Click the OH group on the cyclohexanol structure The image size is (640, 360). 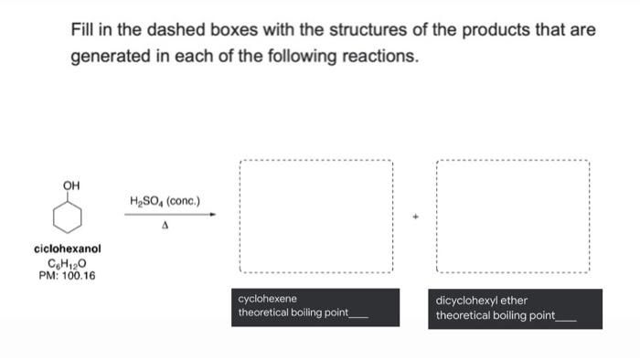click(x=70, y=185)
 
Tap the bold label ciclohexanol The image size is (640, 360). click(x=67, y=248)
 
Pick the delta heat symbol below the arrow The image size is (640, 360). click(x=166, y=225)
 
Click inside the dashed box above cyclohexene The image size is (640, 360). click(x=315, y=217)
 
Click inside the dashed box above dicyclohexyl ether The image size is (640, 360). click(x=513, y=217)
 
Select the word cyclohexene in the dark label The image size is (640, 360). click(x=267, y=299)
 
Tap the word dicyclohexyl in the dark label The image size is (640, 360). click(x=466, y=300)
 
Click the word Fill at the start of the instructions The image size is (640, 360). click(x=84, y=30)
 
